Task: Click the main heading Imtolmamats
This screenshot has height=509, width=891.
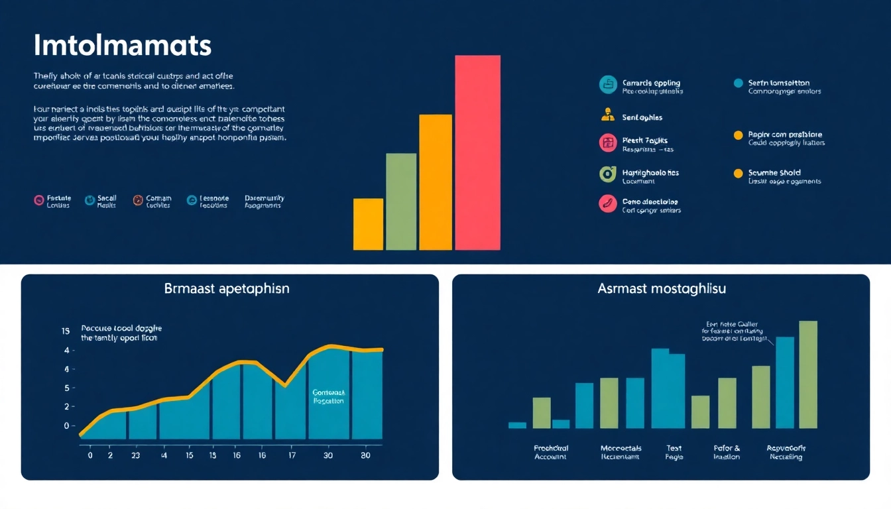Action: tap(122, 46)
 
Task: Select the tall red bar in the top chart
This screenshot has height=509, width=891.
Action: tap(477, 152)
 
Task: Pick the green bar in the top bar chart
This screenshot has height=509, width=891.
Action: tap(401, 201)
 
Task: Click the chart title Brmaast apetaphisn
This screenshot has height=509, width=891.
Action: tap(227, 289)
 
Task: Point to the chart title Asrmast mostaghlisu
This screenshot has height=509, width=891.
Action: tap(660, 289)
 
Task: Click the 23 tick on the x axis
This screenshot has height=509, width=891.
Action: tap(135, 456)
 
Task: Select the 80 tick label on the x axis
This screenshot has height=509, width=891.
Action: tap(365, 456)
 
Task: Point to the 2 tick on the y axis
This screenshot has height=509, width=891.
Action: tap(66, 407)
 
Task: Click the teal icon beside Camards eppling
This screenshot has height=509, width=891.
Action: tap(607, 84)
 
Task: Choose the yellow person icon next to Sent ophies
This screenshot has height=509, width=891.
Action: tap(607, 115)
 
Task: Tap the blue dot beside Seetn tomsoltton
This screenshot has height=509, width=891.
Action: tap(738, 83)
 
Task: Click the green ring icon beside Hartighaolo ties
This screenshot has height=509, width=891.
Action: tap(607, 174)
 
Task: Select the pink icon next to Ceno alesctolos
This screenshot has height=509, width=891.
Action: tap(607, 203)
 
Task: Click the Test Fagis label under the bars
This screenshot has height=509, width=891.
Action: tap(674, 453)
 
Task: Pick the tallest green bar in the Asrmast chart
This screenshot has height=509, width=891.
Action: tap(807, 374)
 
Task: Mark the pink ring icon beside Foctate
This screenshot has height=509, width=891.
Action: tap(38, 200)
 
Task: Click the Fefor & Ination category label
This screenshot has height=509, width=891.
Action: tap(726, 453)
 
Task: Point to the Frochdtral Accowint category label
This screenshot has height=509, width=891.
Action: tap(551, 453)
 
